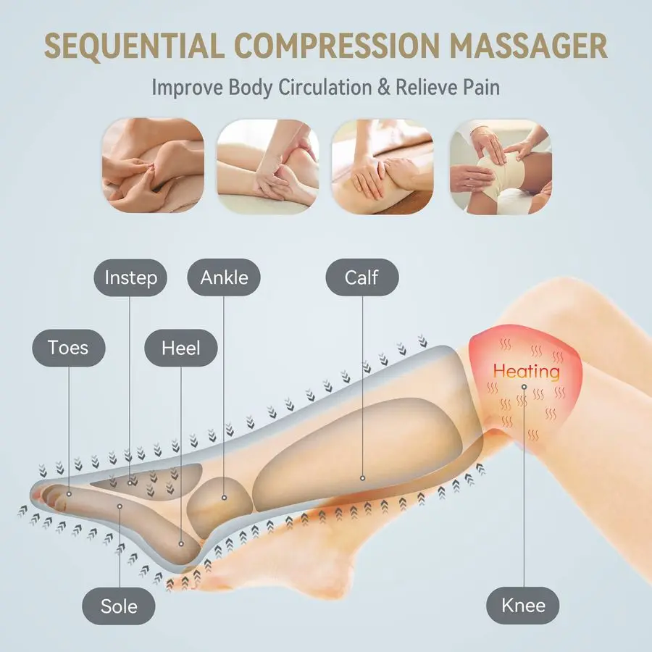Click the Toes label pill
[x=69, y=348]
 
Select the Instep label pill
[x=130, y=277]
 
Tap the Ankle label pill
[x=224, y=277]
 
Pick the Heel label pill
[x=181, y=348]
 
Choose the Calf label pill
[x=362, y=277]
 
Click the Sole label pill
[x=119, y=606]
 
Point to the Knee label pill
[x=523, y=606]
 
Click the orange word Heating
[x=527, y=371]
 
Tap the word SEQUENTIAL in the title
[x=134, y=46]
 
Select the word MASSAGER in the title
[x=529, y=46]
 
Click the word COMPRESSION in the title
[x=337, y=46]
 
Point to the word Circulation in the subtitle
[x=325, y=88]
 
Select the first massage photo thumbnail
[x=153, y=166]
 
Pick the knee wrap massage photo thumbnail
[x=501, y=167]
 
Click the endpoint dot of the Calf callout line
[x=363, y=478]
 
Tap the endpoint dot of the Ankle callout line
[x=224, y=497]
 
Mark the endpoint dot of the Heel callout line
[x=181, y=544]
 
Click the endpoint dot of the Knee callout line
[x=524, y=387]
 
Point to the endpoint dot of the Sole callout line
[x=120, y=506]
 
